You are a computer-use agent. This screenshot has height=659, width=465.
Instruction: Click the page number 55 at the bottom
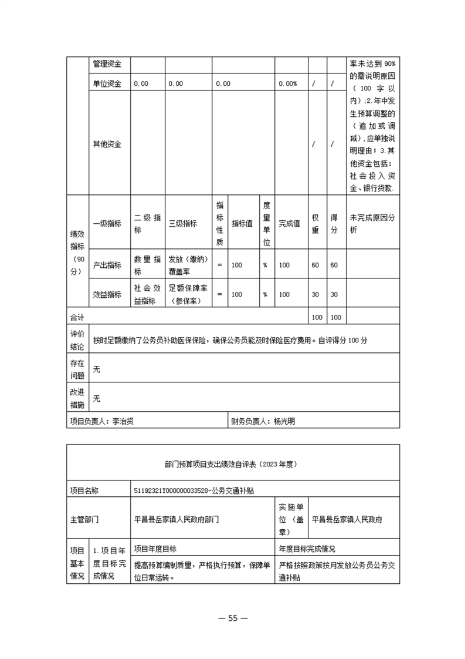(x=232, y=618)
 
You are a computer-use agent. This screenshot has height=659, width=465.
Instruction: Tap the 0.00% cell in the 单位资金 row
(x=288, y=84)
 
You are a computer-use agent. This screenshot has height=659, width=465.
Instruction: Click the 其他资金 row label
(x=107, y=144)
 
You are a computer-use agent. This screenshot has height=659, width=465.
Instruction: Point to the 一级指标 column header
(x=107, y=223)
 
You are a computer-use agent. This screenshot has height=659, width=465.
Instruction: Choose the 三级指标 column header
(x=182, y=223)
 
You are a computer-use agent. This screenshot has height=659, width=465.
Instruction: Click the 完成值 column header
(x=289, y=223)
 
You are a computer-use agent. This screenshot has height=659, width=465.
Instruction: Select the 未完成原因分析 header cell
(x=372, y=223)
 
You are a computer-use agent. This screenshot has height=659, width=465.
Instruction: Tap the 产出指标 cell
(x=107, y=265)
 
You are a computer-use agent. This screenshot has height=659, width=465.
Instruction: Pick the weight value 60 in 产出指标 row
(x=315, y=265)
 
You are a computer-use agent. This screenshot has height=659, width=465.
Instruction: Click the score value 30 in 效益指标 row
(x=334, y=295)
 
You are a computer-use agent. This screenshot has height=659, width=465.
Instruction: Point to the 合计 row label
(x=77, y=318)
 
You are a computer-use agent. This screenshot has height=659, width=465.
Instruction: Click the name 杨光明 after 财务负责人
(x=285, y=421)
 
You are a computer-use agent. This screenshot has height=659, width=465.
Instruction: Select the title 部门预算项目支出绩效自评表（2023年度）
(x=233, y=464)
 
